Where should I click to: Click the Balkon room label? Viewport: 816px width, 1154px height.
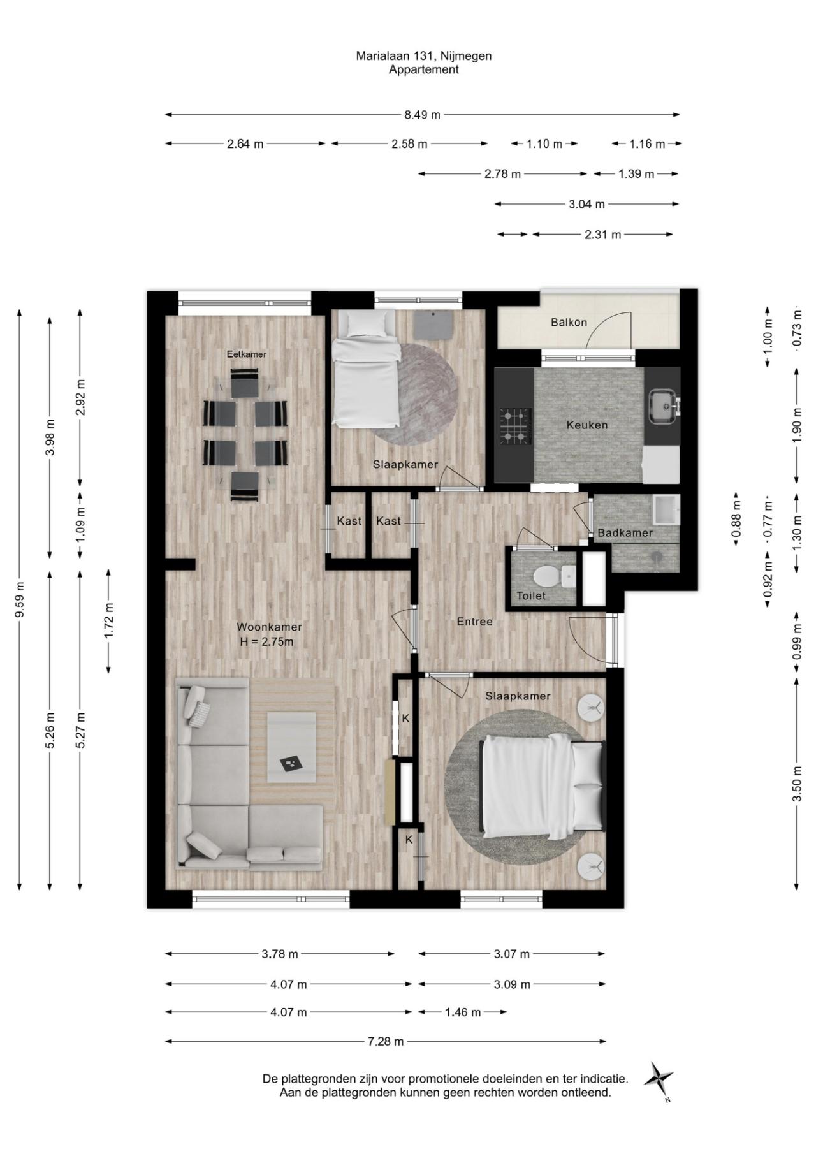point(569,323)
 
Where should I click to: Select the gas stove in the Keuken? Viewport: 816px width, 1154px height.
point(515,426)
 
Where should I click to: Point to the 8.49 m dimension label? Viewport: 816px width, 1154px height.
point(422,115)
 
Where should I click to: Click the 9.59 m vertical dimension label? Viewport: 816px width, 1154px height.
point(20,599)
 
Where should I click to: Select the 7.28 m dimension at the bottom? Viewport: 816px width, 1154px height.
point(386,1041)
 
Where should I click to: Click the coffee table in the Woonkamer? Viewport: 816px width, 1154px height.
point(291,747)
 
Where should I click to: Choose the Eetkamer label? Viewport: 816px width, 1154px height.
point(247,354)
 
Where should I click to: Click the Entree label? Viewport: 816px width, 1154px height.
point(475,622)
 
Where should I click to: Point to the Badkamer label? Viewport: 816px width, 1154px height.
point(625,533)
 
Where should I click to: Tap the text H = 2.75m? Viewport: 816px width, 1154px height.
point(266,642)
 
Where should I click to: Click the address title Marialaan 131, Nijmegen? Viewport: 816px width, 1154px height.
point(424,56)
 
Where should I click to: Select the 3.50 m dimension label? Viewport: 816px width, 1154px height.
point(797,785)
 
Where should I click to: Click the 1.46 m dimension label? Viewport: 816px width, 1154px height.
point(463,1012)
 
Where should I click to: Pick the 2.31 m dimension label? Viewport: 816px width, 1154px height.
point(602,235)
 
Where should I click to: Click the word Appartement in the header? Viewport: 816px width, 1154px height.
point(424,70)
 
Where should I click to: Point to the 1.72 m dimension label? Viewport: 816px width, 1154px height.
point(109,620)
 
